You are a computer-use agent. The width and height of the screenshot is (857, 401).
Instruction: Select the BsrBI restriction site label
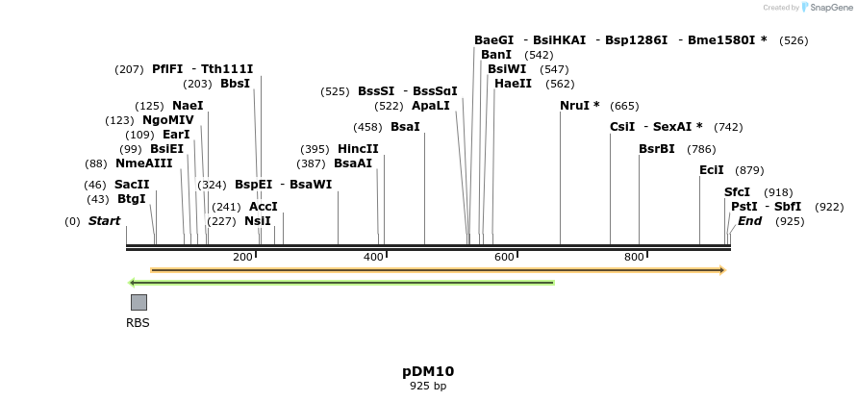[657, 149]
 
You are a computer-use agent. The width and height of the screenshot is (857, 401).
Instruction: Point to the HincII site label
[358, 149]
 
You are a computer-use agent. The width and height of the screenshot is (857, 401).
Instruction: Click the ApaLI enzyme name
[430, 106]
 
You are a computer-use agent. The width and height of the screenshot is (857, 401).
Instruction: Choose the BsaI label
[405, 127]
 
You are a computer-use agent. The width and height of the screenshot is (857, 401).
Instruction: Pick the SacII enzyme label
[132, 185]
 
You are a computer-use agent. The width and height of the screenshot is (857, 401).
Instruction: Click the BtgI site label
[132, 199]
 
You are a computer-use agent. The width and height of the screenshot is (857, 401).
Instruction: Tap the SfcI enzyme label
[737, 192]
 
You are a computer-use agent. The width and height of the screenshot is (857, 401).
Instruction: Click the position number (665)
[624, 106]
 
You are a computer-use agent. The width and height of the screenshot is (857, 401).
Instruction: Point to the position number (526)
[794, 40]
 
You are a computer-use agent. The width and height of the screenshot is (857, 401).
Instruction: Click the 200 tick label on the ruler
[242, 257]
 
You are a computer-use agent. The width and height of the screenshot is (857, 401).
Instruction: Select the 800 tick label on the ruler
[634, 257]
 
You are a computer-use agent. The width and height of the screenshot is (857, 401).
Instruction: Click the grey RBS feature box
[139, 302]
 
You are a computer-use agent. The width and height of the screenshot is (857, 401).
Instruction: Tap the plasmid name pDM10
[428, 371]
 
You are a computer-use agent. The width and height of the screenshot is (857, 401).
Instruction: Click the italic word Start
[104, 221]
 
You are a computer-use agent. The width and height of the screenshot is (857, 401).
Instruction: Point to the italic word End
[749, 221]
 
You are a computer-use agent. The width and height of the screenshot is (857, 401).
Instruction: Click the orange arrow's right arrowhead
[721, 270]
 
